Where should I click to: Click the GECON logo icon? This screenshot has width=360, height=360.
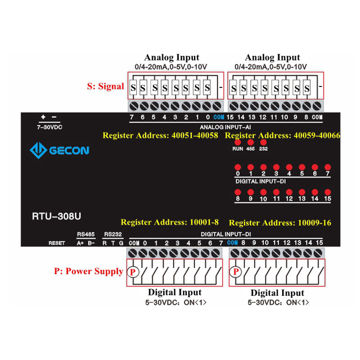pos(38,150)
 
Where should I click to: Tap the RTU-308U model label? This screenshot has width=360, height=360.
pos(57,216)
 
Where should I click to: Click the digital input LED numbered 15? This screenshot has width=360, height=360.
pos(328,192)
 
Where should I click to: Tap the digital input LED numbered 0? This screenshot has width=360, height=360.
pos(238,166)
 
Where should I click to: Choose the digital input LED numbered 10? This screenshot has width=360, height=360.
pos(264,192)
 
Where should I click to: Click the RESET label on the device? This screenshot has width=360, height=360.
pos(57,243)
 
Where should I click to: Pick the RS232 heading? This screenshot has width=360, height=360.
pos(110,234)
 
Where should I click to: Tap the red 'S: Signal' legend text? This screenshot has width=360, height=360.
pos(105,86)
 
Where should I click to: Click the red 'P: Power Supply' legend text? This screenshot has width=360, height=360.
pos(89,271)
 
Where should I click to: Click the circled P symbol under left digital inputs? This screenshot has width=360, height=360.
pos(133,272)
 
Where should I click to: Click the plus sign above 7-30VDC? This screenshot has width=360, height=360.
pos(43,117)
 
